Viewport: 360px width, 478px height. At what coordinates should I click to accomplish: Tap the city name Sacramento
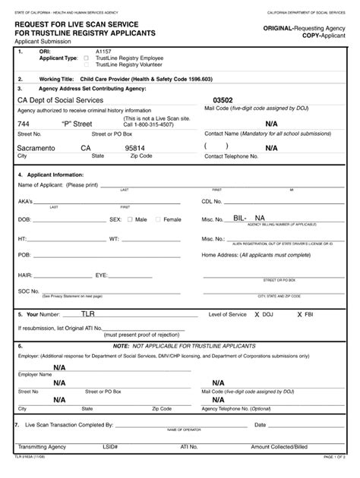(x=38, y=148)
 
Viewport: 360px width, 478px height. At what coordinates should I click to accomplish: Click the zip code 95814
(x=135, y=148)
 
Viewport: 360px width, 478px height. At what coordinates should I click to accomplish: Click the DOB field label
(x=24, y=219)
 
